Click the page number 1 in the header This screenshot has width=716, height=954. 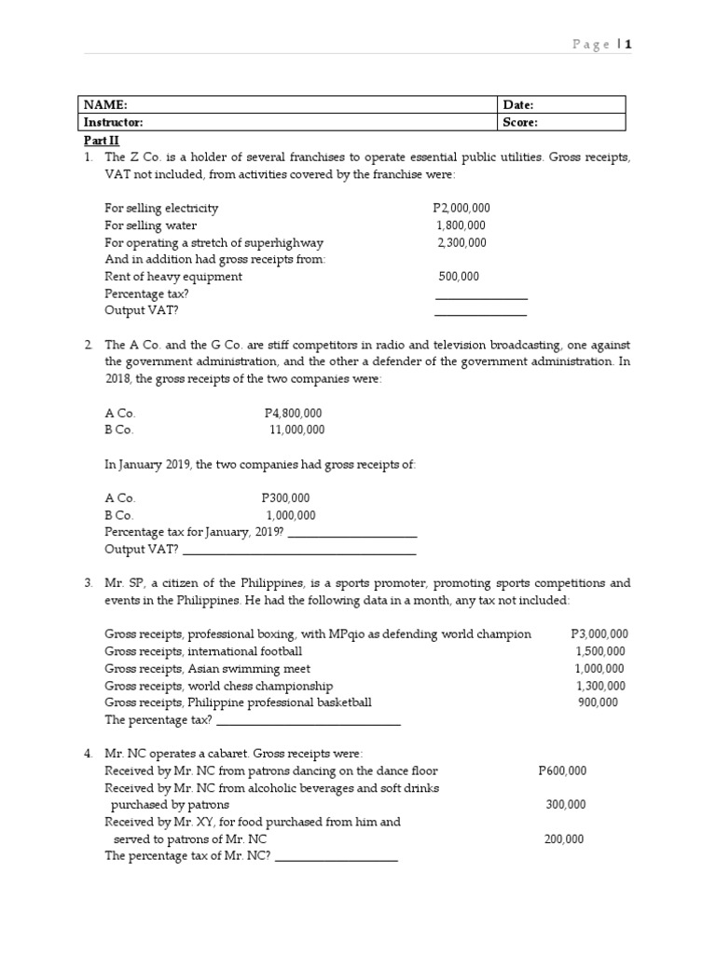[x=628, y=44]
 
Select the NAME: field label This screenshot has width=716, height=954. [x=105, y=105]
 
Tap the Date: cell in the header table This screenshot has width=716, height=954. [x=518, y=105]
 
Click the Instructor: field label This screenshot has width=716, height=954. [x=114, y=122]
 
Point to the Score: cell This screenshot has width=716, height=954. [x=520, y=122]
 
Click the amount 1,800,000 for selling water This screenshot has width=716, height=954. [x=461, y=225]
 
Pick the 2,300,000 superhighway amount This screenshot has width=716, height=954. [x=461, y=242]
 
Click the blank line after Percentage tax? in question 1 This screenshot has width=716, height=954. [x=481, y=297]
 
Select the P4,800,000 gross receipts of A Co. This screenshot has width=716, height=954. [x=294, y=413]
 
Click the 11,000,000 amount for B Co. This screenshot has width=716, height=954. [x=297, y=429]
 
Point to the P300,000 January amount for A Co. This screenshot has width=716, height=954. [x=286, y=498]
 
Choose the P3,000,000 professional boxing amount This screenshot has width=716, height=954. [x=599, y=634]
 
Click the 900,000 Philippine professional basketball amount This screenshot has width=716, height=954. [x=598, y=702]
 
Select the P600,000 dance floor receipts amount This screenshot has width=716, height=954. [x=562, y=770]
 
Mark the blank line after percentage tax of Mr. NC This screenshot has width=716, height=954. [x=337, y=859]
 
